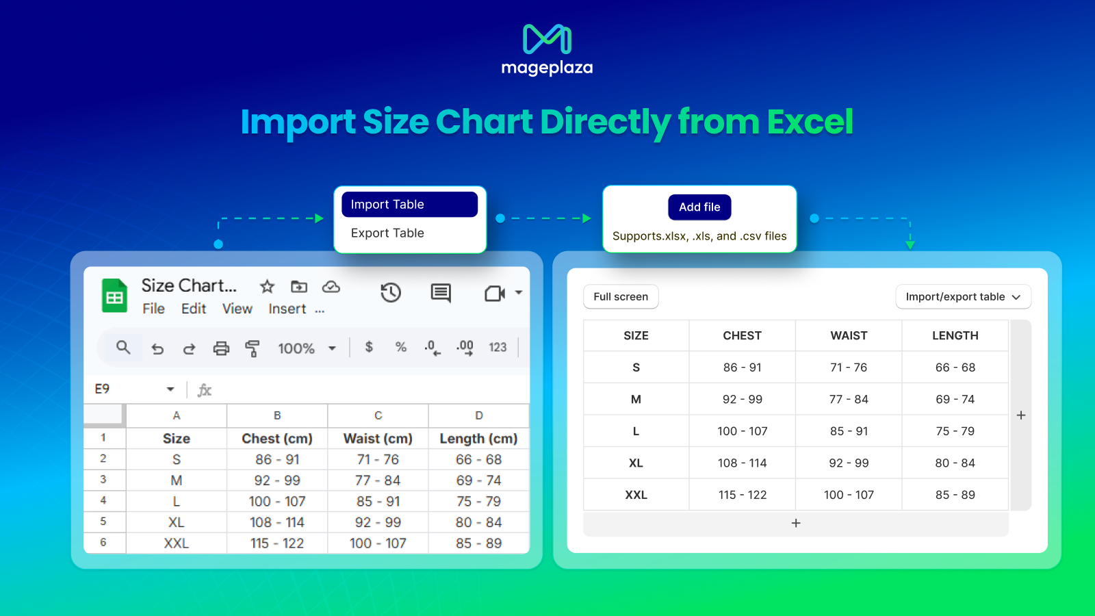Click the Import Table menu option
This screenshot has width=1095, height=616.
click(410, 205)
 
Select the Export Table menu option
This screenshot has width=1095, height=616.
click(387, 233)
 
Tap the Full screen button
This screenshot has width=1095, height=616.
click(621, 297)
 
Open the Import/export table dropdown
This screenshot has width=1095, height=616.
click(963, 297)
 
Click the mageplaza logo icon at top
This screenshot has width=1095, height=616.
click(547, 38)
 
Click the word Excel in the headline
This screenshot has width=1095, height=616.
click(810, 122)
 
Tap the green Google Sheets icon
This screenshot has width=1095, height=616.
click(114, 295)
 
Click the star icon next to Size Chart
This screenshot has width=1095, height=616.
click(267, 287)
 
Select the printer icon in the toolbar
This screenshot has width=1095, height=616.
click(221, 348)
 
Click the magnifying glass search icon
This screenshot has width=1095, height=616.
click(123, 348)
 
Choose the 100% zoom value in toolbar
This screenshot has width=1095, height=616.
click(296, 348)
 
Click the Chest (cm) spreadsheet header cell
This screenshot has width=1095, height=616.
click(277, 439)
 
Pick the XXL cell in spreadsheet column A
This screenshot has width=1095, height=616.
click(177, 543)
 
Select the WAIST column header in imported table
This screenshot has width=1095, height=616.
click(849, 336)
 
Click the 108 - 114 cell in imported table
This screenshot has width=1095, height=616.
click(742, 463)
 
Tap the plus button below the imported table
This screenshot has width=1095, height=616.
click(796, 523)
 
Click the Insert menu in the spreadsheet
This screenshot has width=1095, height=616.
click(287, 309)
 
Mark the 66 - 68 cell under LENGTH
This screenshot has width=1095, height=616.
click(955, 367)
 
